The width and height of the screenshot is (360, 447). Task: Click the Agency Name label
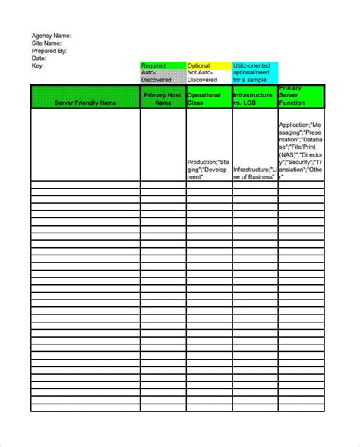(x=51, y=36)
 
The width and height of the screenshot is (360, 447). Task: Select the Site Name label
(x=46, y=43)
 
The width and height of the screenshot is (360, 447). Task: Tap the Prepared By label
(x=49, y=51)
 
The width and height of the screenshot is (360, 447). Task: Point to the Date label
(x=39, y=59)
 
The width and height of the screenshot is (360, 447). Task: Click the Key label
(x=37, y=66)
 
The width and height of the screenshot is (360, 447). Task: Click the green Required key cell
(x=163, y=66)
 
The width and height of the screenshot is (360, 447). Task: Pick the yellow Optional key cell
(x=209, y=66)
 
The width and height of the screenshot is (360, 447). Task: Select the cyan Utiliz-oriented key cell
(x=255, y=73)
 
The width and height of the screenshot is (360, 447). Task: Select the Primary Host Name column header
(x=163, y=99)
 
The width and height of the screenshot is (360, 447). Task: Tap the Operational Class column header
(x=209, y=99)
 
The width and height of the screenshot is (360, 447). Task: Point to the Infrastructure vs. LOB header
(x=255, y=99)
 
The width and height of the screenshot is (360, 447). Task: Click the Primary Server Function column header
(x=302, y=97)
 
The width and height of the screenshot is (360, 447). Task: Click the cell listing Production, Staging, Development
(x=208, y=170)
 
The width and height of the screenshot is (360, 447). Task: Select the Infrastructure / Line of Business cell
(x=255, y=173)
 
